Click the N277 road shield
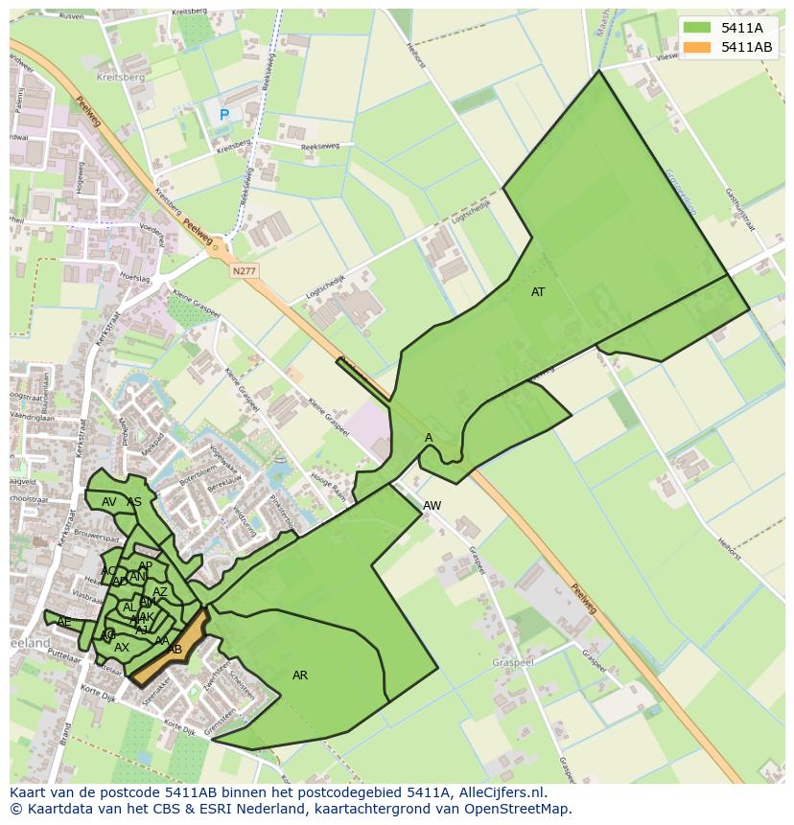click(245, 272)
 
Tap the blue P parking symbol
click(224, 115)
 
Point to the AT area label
click(538, 292)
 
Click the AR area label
click(300, 676)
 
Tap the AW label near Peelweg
click(432, 505)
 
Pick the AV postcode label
click(109, 502)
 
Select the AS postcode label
click(134, 502)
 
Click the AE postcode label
click(64, 622)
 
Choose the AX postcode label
click(122, 648)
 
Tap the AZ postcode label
click(160, 592)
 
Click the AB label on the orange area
click(175, 650)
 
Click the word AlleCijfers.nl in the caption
click(498, 792)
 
